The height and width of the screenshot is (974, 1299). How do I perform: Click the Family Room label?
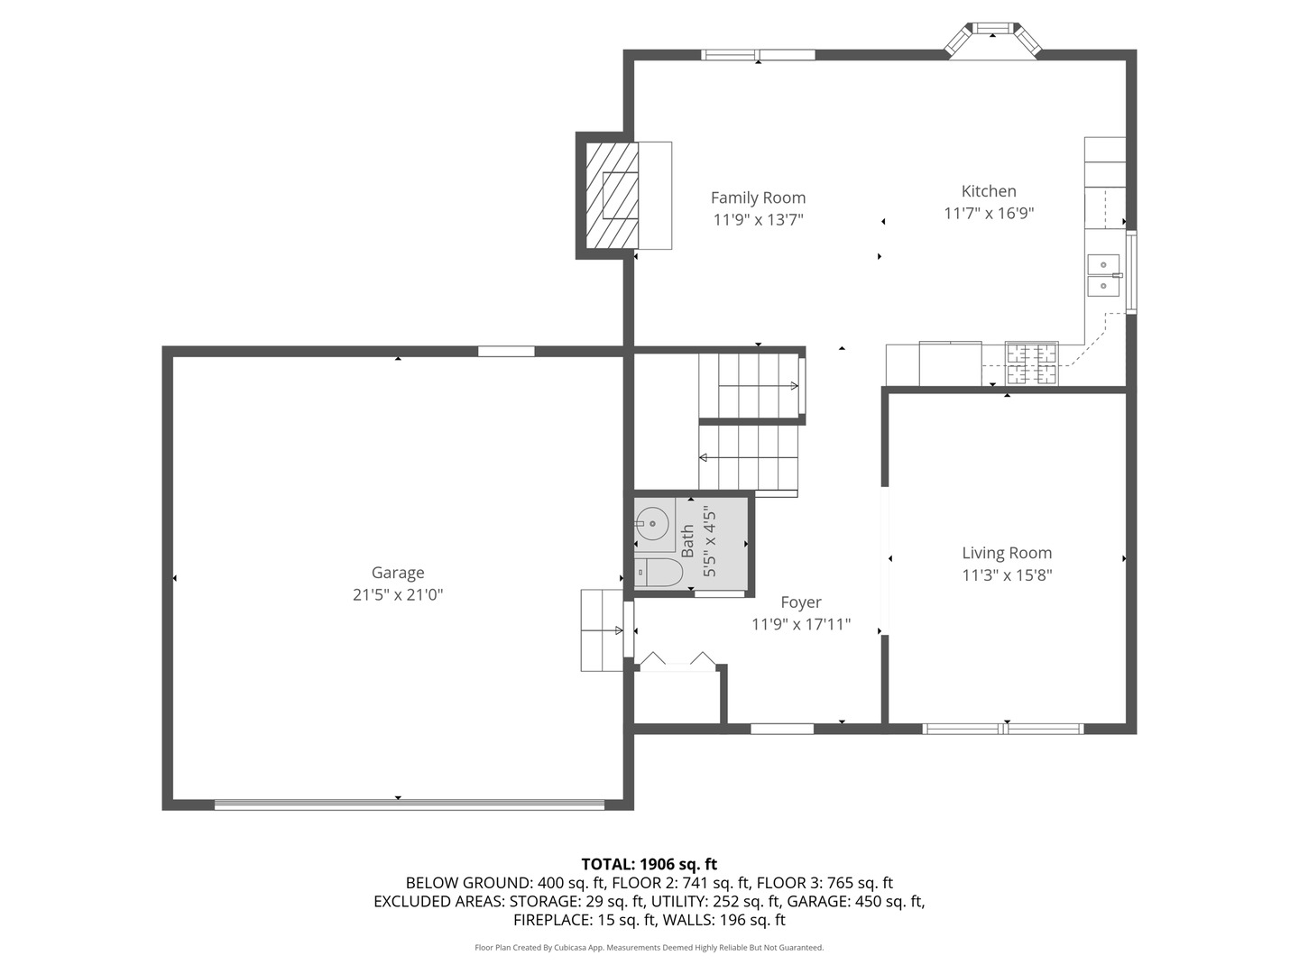click(x=758, y=198)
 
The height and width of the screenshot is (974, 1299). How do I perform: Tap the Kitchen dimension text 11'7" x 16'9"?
click(x=989, y=214)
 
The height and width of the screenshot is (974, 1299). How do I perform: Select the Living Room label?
click(x=1007, y=553)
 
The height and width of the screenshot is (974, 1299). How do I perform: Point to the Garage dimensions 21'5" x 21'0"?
click(x=398, y=595)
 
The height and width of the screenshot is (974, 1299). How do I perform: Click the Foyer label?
click(x=800, y=602)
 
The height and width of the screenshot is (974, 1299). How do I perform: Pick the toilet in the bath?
click(x=656, y=573)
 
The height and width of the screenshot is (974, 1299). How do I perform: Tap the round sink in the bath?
click(x=651, y=523)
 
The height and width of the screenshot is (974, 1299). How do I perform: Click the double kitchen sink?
click(x=1103, y=275)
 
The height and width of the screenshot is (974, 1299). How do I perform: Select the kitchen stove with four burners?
click(x=1032, y=364)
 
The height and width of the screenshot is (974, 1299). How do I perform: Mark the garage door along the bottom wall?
click(x=409, y=804)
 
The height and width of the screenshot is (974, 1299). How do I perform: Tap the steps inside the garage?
click(x=601, y=629)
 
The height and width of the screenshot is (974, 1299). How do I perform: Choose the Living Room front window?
click(x=1003, y=729)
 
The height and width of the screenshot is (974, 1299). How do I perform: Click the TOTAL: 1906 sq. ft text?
click(x=649, y=864)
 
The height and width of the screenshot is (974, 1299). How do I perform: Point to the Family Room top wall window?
click(x=758, y=55)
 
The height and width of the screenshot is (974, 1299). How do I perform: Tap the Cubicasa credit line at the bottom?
click(x=649, y=948)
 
